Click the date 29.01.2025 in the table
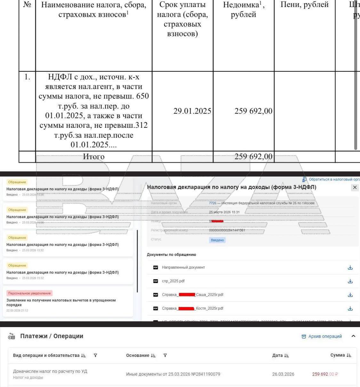pyautogui.click(x=192, y=111)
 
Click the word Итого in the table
pyautogui.click(x=93, y=157)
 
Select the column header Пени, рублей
pyautogui.click(x=304, y=5)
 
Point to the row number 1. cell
pyautogui.click(x=27, y=77)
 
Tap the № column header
pyautogui.click(x=27, y=5)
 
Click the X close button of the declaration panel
pyautogui.click(x=355, y=187)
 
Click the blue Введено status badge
pyautogui.click(x=217, y=240)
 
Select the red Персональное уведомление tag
pyautogui.click(x=29, y=293)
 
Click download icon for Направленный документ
pyautogui.click(x=350, y=268)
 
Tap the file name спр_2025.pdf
pyautogui.click(x=173, y=281)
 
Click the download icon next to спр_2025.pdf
pyautogui.click(x=350, y=281)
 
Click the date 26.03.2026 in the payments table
pyautogui.click(x=283, y=374)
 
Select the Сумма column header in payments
pyautogui.click(x=338, y=355)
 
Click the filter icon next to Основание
pyautogui.click(x=165, y=355)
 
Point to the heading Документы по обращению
pyautogui.click(x=172, y=255)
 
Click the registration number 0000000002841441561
pyautogui.click(x=227, y=230)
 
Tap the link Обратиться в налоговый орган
pyautogui.click(x=333, y=179)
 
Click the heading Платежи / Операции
pyautogui.click(x=52, y=336)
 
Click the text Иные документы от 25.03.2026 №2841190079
pyautogui.click(x=173, y=374)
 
